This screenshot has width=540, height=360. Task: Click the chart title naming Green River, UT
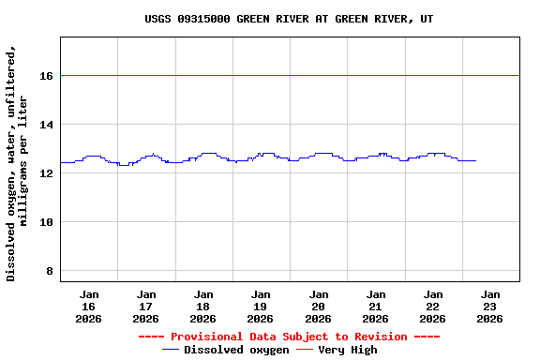point(289,19)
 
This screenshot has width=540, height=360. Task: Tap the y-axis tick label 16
point(46,76)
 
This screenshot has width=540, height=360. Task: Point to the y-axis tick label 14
point(46,125)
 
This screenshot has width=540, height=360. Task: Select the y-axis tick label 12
point(46,173)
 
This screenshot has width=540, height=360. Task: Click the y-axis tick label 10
point(46,222)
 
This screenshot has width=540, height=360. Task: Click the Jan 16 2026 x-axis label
point(89,307)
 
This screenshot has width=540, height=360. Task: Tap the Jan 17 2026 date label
point(146,307)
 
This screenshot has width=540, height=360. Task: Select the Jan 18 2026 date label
point(203,307)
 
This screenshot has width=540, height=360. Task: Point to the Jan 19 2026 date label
point(261,307)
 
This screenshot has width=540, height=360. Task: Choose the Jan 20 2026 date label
point(319,307)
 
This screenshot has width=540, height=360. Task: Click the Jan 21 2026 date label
point(376,307)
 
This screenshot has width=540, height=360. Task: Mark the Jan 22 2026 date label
point(433,307)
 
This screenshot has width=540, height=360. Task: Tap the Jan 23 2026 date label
point(490,307)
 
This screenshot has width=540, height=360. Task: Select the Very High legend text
point(348,350)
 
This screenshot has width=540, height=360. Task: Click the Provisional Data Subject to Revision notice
point(289,337)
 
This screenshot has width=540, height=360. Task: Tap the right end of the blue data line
point(475,160)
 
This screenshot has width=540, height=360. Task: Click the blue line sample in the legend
point(171,350)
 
